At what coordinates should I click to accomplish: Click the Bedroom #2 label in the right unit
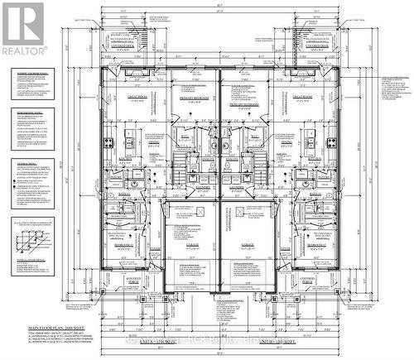tap(316, 245)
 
